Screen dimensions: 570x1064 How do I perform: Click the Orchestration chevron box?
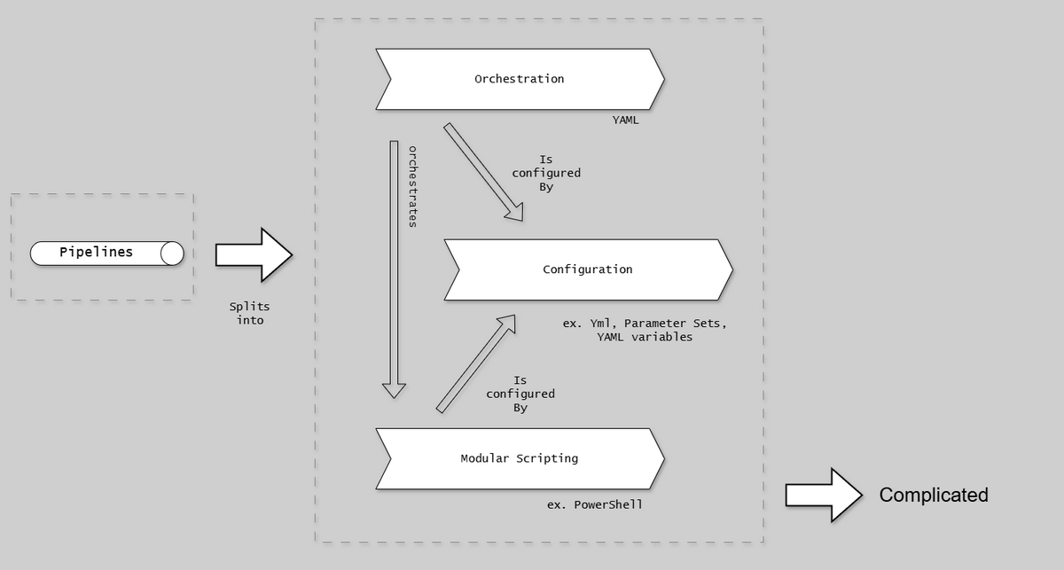(x=520, y=79)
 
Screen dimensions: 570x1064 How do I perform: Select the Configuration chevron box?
(x=588, y=269)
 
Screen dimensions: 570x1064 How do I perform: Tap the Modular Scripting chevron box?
(x=520, y=458)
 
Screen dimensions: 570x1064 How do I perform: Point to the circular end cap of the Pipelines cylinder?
(x=172, y=254)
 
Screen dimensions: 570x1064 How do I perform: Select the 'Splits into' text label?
(x=250, y=313)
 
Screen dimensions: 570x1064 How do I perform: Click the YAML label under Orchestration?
(x=625, y=120)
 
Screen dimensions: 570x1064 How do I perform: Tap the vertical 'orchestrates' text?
(x=412, y=186)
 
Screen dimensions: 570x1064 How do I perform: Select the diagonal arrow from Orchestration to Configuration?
(x=483, y=171)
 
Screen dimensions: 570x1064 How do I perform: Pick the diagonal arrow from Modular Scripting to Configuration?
(x=476, y=363)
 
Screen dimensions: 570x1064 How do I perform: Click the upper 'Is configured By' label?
(x=546, y=173)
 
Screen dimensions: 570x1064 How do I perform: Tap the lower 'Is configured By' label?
(x=520, y=394)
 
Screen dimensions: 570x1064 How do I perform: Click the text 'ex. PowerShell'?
(x=595, y=504)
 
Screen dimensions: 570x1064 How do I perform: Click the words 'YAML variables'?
(x=645, y=337)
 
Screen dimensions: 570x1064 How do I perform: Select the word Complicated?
(x=933, y=496)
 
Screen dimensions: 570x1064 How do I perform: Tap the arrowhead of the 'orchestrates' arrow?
(x=394, y=390)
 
